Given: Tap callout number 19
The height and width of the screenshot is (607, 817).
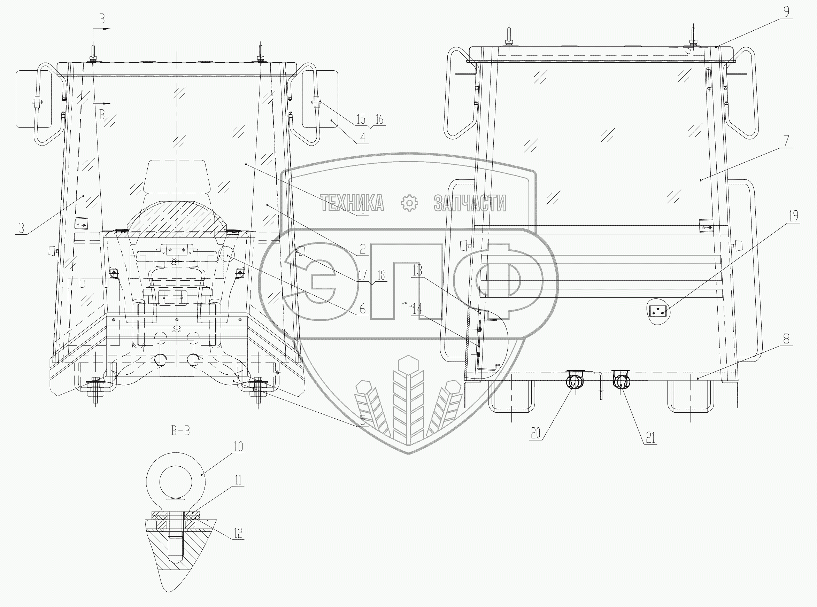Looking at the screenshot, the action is [793, 216].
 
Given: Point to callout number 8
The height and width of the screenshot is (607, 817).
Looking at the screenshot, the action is [786, 338].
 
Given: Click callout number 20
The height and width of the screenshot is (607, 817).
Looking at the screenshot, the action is [536, 434].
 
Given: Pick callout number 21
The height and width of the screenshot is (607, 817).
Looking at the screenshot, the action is [650, 438].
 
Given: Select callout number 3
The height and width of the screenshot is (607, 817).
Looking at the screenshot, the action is [21, 228].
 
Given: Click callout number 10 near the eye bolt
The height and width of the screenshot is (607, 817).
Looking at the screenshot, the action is [238, 447].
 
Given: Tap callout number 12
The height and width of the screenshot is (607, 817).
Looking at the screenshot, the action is [238, 533].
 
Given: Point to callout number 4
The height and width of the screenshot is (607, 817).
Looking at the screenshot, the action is [362, 138].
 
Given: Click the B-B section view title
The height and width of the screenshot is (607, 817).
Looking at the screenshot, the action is [180, 431].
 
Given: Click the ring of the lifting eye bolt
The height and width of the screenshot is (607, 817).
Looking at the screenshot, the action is [176, 482].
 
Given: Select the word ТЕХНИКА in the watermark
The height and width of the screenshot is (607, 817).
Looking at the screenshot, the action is [352, 203].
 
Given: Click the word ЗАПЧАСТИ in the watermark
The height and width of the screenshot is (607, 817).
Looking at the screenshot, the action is [470, 203].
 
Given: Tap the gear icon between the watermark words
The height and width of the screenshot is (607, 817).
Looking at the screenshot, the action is [409, 203].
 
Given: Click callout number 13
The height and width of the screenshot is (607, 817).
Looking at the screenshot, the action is [417, 271].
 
